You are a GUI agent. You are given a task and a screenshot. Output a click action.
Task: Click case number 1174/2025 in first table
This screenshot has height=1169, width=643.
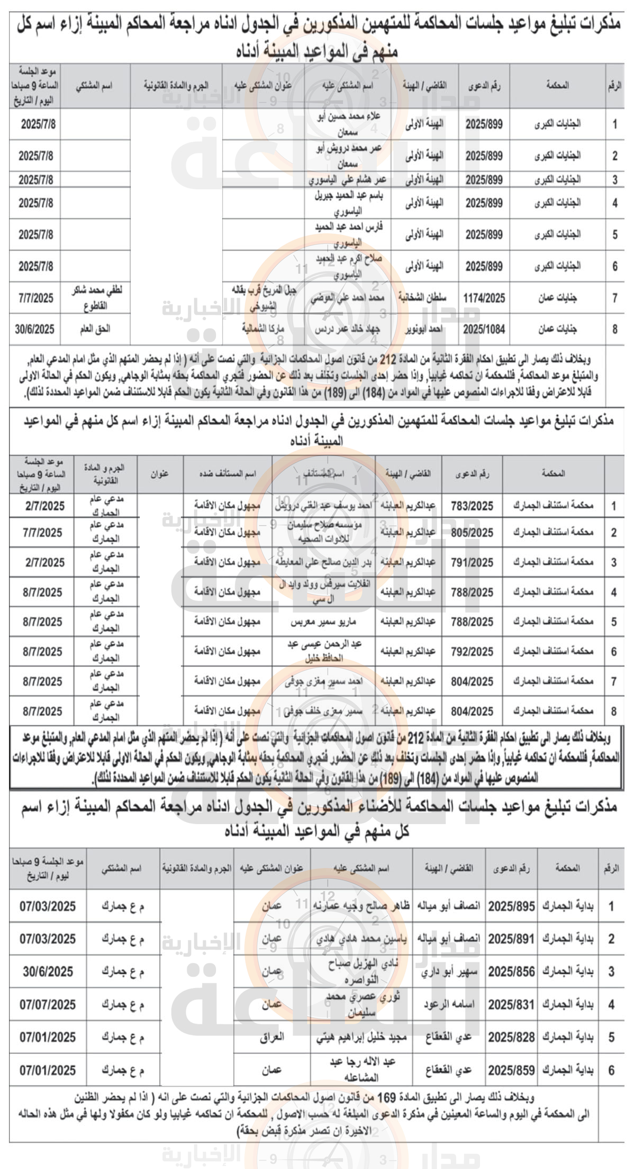click(484, 298)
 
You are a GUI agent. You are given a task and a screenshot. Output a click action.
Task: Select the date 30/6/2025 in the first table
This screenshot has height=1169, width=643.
click(35, 329)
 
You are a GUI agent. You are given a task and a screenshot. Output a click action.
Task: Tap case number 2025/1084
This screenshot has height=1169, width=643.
click(484, 329)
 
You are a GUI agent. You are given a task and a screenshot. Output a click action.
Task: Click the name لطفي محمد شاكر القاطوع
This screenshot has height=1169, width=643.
click(96, 298)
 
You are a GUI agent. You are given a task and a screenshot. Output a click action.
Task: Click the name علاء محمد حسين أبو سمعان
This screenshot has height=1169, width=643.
click(348, 124)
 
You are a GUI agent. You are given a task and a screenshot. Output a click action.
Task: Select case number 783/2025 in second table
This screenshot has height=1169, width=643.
click(472, 506)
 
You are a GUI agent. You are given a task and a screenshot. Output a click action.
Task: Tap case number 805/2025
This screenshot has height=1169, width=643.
click(472, 533)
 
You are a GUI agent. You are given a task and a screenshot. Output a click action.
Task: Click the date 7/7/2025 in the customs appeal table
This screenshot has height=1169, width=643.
click(42, 533)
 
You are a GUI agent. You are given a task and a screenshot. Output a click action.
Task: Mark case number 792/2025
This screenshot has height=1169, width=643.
click(472, 652)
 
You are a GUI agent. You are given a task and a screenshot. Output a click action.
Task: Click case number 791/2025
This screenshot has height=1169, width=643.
click(472, 562)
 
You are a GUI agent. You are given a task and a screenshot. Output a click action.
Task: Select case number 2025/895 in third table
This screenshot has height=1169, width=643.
click(511, 906)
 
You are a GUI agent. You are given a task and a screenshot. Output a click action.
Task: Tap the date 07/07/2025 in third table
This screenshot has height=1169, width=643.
click(48, 1004)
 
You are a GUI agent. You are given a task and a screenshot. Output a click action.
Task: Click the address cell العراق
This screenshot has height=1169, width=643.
click(271, 1037)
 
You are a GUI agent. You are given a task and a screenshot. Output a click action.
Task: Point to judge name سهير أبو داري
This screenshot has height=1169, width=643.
click(449, 972)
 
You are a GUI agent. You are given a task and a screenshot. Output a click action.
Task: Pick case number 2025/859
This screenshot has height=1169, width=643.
click(511, 1070)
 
